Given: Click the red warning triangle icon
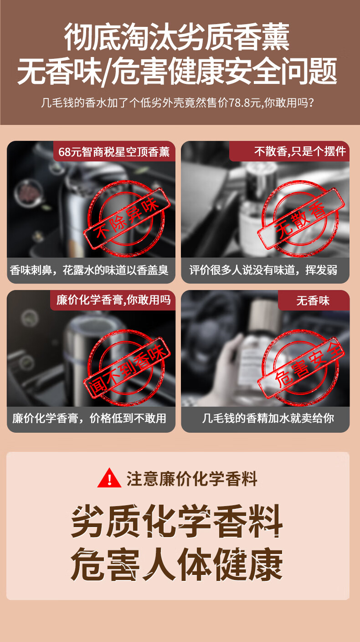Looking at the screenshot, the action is [x=109, y=478].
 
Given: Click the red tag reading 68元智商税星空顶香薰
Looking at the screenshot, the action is [x=114, y=151].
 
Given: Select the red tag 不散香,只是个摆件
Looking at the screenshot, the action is [x=289, y=151].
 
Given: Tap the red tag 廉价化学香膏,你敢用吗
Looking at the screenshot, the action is [x=113, y=300].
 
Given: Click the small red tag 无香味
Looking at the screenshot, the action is [x=314, y=300].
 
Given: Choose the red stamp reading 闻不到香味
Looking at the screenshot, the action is [x=127, y=367].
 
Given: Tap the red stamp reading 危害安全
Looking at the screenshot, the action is [x=301, y=367].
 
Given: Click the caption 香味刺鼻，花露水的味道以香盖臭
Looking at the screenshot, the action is [x=89, y=270].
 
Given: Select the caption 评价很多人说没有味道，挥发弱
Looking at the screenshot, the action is [x=263, y=270].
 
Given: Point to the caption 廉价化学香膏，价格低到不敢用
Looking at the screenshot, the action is [x=89, y=419].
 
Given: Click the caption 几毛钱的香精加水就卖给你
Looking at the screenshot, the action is [x=268, y=419].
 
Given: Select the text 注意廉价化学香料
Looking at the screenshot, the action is [x=192, y=478].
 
